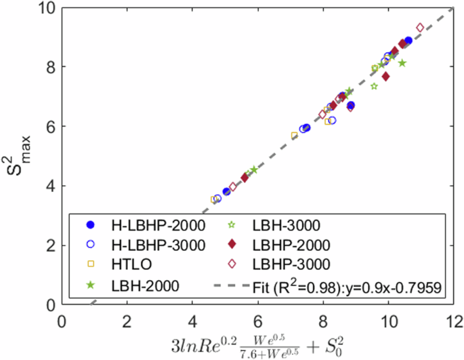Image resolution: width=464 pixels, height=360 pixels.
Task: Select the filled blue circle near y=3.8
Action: pyautogui.click(x=226, y=192)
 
